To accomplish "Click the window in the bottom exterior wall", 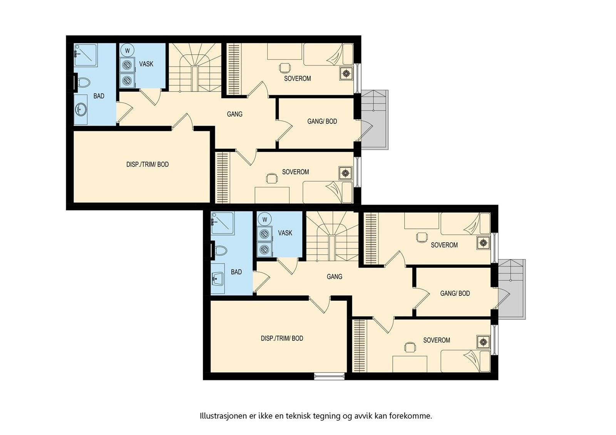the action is tap(329, 376).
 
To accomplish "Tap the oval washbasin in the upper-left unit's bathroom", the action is tap(80, 110).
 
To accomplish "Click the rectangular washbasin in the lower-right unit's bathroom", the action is tap(217, 279).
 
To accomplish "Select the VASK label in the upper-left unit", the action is tap(146, 64).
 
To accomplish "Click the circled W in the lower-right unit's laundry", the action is tap(264, 220).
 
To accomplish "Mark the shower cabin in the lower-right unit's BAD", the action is tap(223, 223).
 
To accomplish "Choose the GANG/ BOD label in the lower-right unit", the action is tap(455, 293).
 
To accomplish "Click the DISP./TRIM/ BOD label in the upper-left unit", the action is tap(147, 165).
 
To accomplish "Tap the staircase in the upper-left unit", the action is tap(195, 67).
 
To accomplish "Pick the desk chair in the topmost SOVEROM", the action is tap(285, 68).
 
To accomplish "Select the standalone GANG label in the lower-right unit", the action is tap(335, 277).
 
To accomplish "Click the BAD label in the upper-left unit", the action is tap(99, 96).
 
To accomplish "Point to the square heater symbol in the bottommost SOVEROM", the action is tap(483, 342).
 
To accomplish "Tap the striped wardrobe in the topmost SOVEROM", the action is tap(234, 69).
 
